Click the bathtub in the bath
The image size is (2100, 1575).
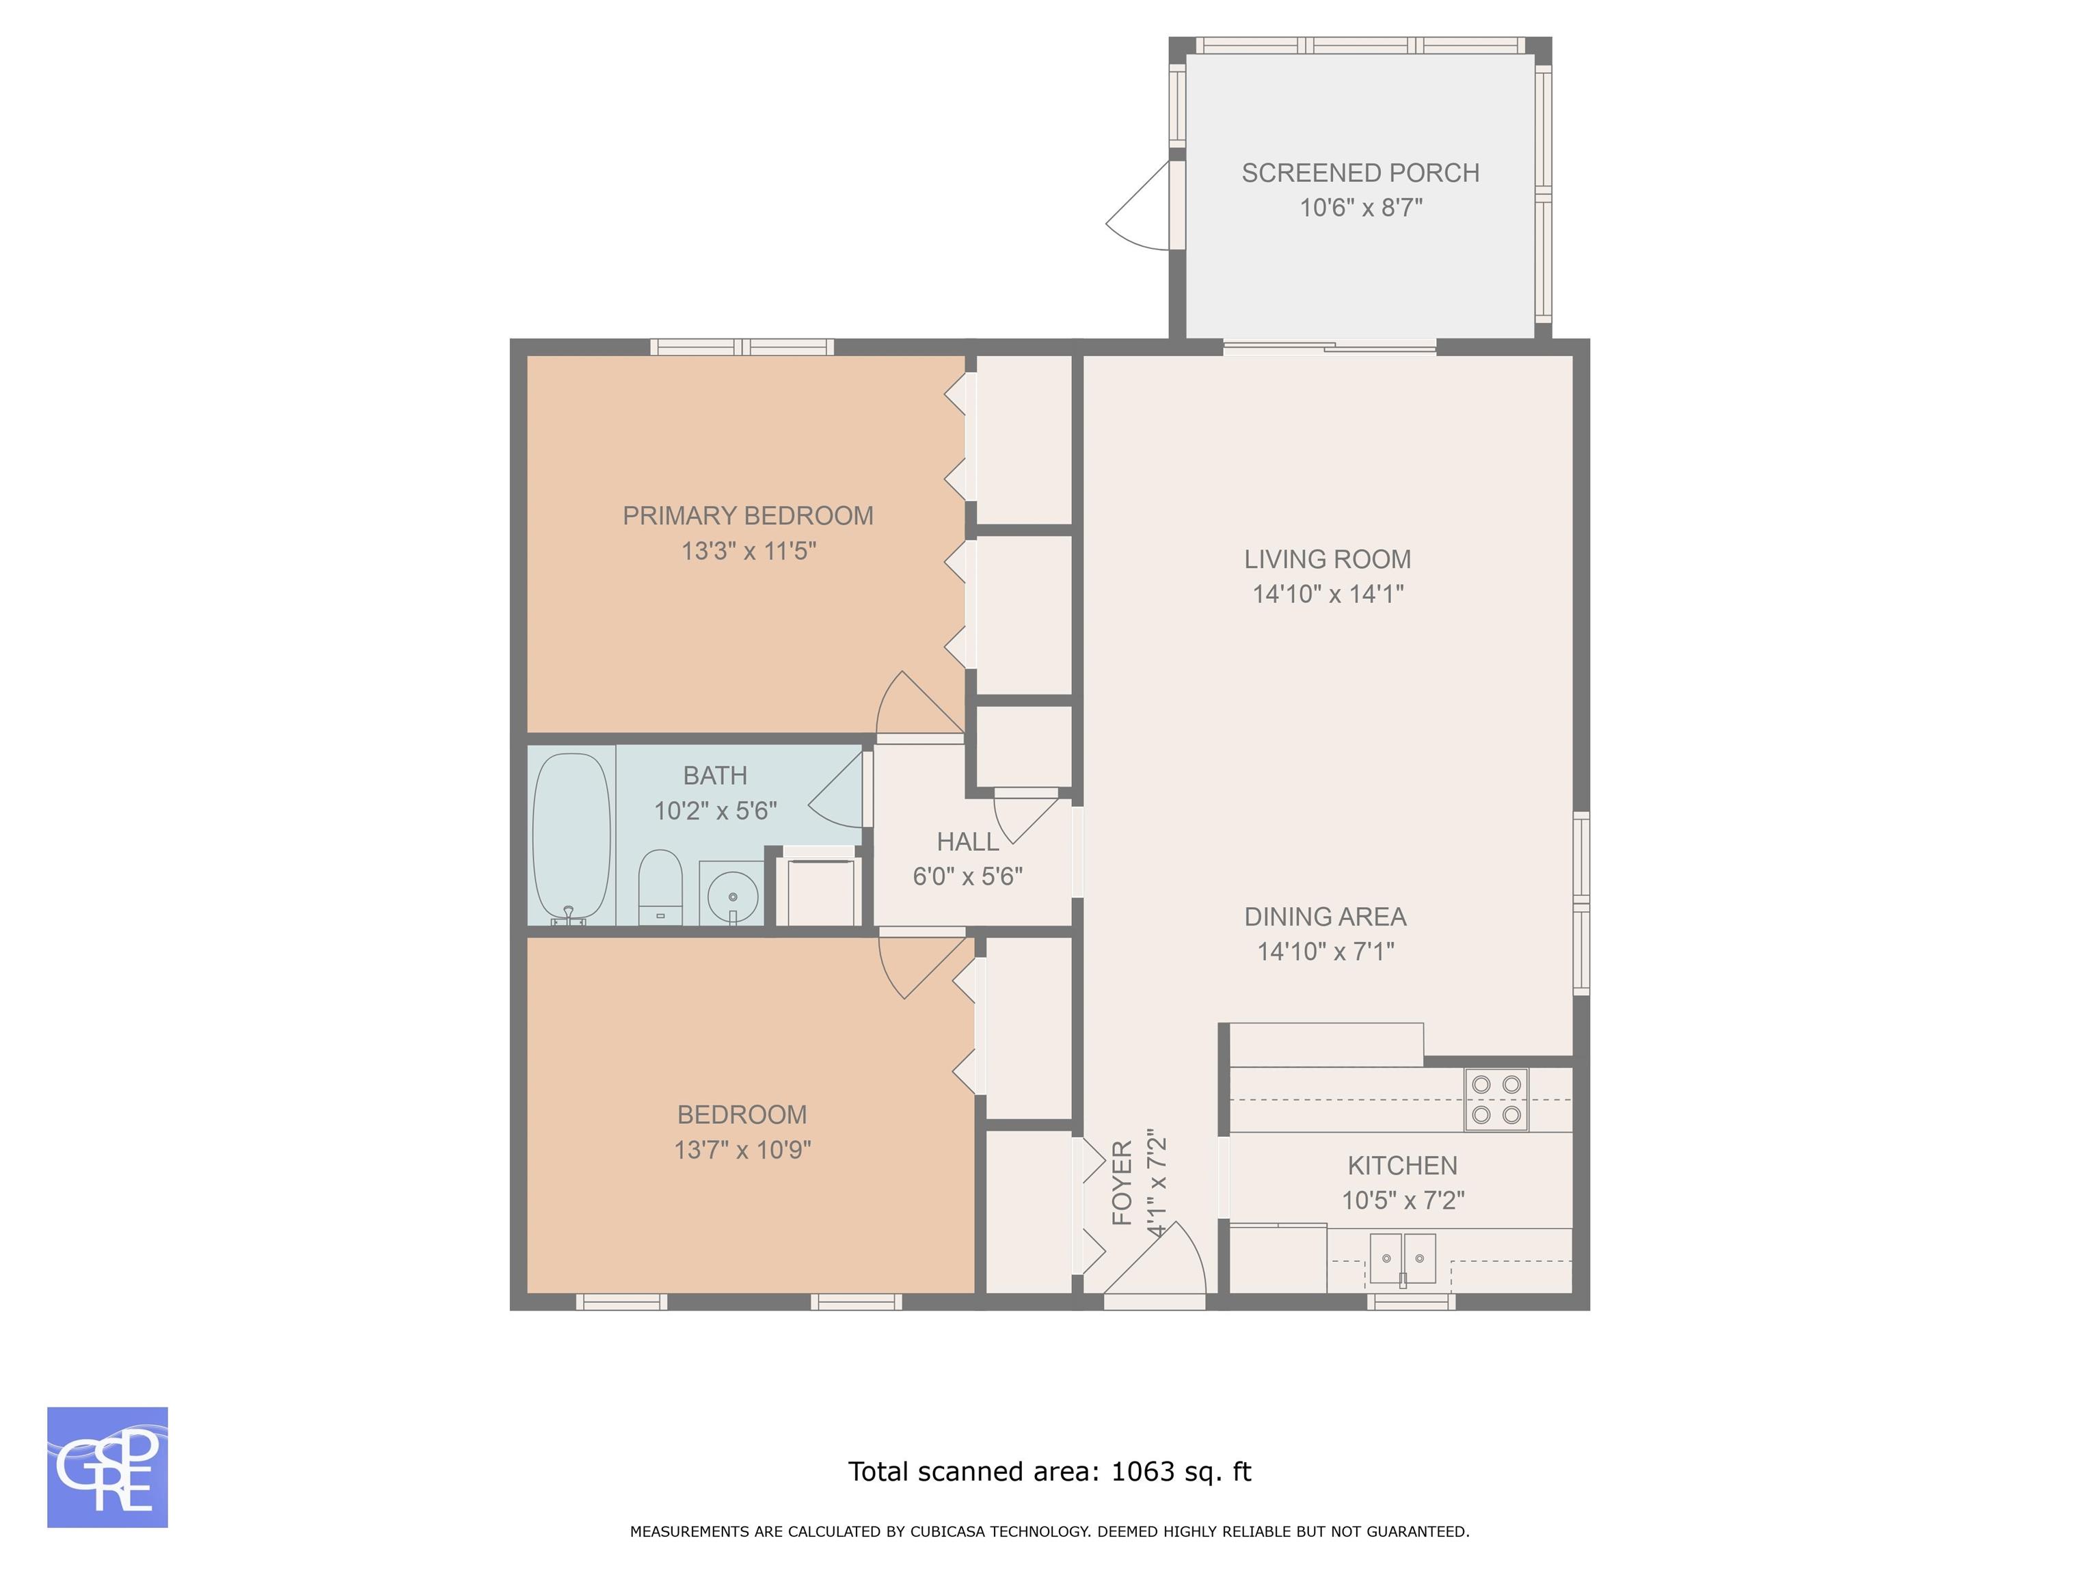click(571, 837)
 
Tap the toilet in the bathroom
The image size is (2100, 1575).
click(660, 887)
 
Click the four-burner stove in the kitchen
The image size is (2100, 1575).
click(1496, 1099)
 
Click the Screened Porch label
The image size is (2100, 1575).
click(1360, 173)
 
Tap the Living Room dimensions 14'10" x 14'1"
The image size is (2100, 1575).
click(1328, 594)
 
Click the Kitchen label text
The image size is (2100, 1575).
click(1402, 1165)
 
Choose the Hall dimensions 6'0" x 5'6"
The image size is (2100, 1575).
click(967, 876)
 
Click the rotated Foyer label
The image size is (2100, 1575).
click(1122, 1183)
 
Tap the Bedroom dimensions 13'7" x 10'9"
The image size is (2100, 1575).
click(742, 1150)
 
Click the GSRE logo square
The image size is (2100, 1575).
click(107, 1467)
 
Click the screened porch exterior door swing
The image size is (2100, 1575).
click(1137, 205)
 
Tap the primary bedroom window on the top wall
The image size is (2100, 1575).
click(742, 347)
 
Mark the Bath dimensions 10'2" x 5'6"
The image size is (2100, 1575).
click(715, 811)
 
